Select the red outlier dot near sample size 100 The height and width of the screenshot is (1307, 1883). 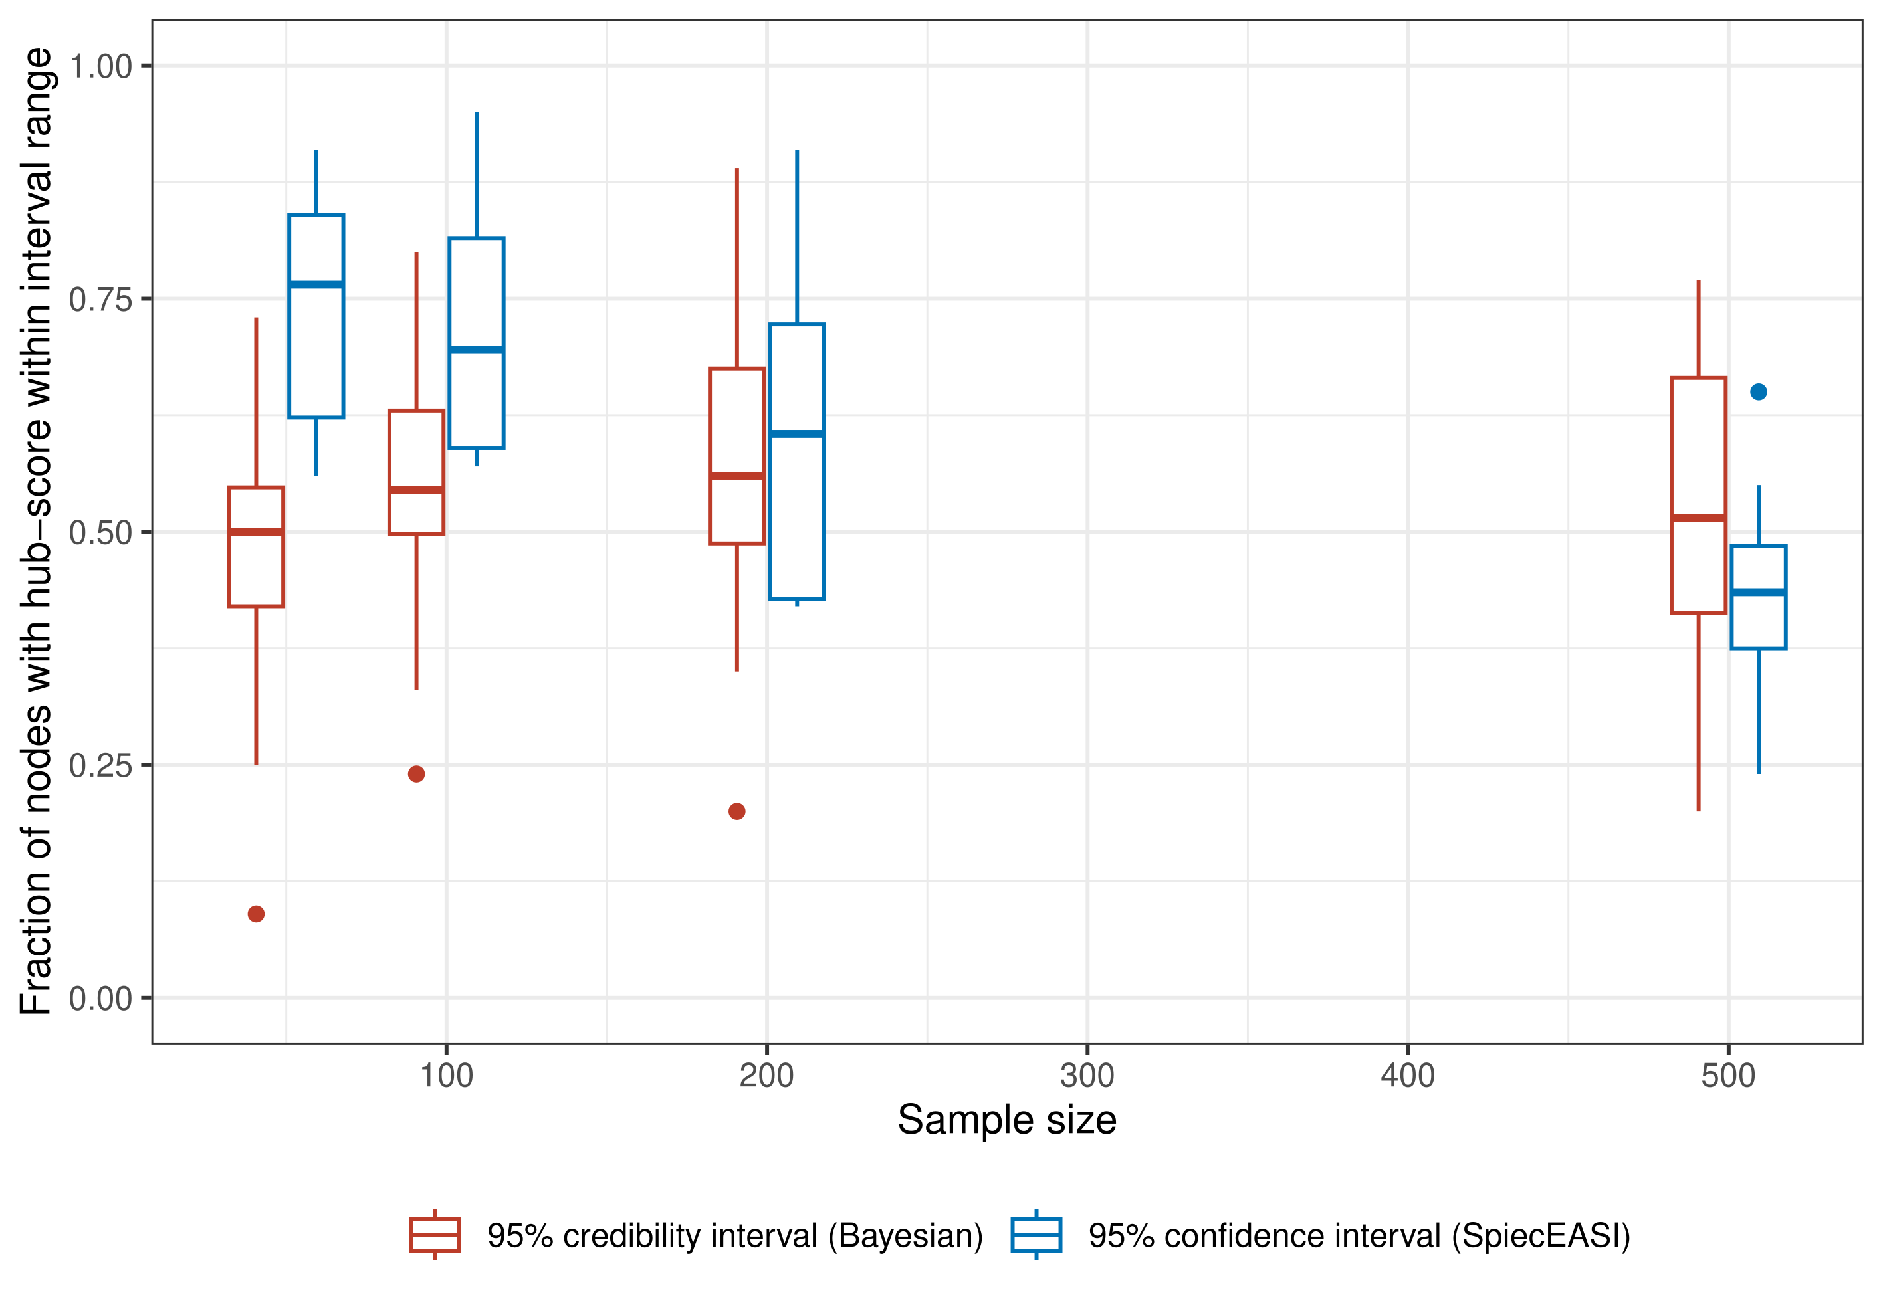[x=416, y=774]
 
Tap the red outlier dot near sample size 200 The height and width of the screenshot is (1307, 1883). [x=736, y=811]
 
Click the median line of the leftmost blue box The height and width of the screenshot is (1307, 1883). [x=316, y=284]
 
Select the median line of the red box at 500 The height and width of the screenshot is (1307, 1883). [x=1698, y=518]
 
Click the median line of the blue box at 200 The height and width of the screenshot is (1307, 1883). [x=796, y=433]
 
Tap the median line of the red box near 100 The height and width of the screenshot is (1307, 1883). [x=416, y=490]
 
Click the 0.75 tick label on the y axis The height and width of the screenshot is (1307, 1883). [x=100, y=300]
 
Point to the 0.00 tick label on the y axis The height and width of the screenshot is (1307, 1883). [x=100, y=999]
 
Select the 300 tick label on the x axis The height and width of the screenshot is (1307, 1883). [x=1086, y=1076]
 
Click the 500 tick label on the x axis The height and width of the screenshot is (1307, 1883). [x=1727, y=1076]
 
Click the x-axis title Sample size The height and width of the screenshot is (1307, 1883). [x=1006, y=1120]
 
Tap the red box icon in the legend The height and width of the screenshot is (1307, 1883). [x=435, y=1234]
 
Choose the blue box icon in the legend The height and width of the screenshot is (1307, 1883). [x=1036, y=1234]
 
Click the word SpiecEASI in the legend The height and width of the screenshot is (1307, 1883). [x=1540, y=1236]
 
